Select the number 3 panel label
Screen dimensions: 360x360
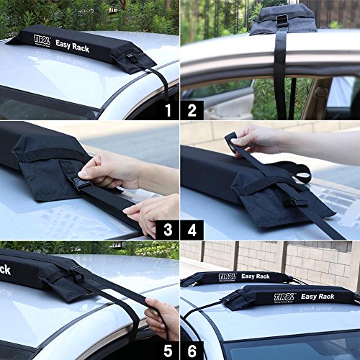pyautogui.click(x=168, y=230)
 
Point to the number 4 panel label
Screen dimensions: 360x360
pyautogui.click(x=192, y=230)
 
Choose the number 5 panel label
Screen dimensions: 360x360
pyautogui.click(x=168, y=350)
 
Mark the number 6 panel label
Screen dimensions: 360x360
pyautogui.click(x=192, y=350)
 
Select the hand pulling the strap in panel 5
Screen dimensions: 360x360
pyautogui.click(x=162, y=317)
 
